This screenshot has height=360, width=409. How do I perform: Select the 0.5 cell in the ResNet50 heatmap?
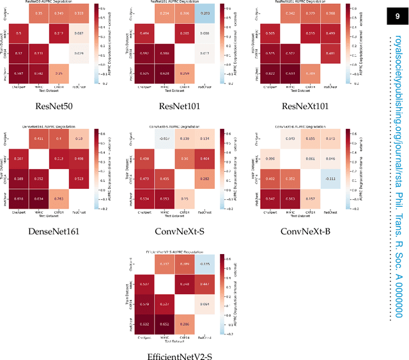[19, 33]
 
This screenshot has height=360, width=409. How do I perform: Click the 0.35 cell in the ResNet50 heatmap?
[39, 13]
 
